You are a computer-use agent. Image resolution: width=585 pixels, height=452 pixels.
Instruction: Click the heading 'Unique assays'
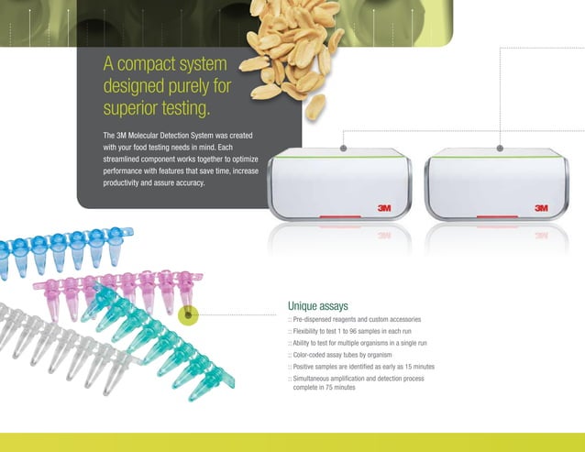pyautogui.click(x=317, y=305)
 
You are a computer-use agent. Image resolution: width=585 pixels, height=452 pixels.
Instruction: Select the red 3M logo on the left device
pyautogui.click(x=385, y=208)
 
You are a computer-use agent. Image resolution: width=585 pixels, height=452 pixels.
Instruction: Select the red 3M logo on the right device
pyautogui.click(x=541, y=208)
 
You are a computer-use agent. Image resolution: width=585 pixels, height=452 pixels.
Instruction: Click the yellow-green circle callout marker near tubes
pyautogui.click(x=188, y=315)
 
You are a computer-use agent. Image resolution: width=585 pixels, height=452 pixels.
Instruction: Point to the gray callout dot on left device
pyautogui.click(x=344, y=147)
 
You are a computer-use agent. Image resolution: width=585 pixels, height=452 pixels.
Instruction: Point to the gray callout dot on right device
pyautogui.click(x=500, y=147)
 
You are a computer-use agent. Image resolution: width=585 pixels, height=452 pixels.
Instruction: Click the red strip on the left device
pyautogui.click(x=338, y=217)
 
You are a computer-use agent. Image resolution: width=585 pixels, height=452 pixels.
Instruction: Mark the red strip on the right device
pyautogui.click(x=495, y=217)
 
